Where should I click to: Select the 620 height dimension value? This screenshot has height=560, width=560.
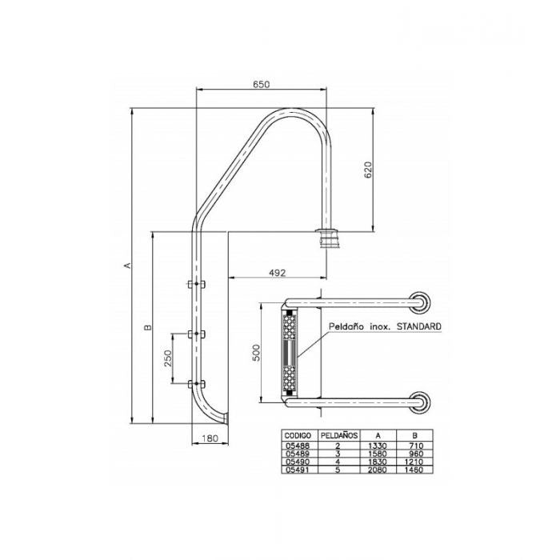[368, 171]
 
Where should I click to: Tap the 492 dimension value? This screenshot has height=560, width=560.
[276, 273]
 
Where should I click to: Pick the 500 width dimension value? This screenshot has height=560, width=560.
[256, 354]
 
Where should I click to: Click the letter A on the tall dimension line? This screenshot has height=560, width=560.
[127, 265]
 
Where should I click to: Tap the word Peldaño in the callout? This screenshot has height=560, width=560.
[346, 327]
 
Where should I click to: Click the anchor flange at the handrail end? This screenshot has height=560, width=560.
[329, 238]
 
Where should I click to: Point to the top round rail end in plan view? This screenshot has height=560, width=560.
[418, 302]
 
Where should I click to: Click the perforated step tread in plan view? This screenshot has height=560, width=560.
[289, 354]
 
